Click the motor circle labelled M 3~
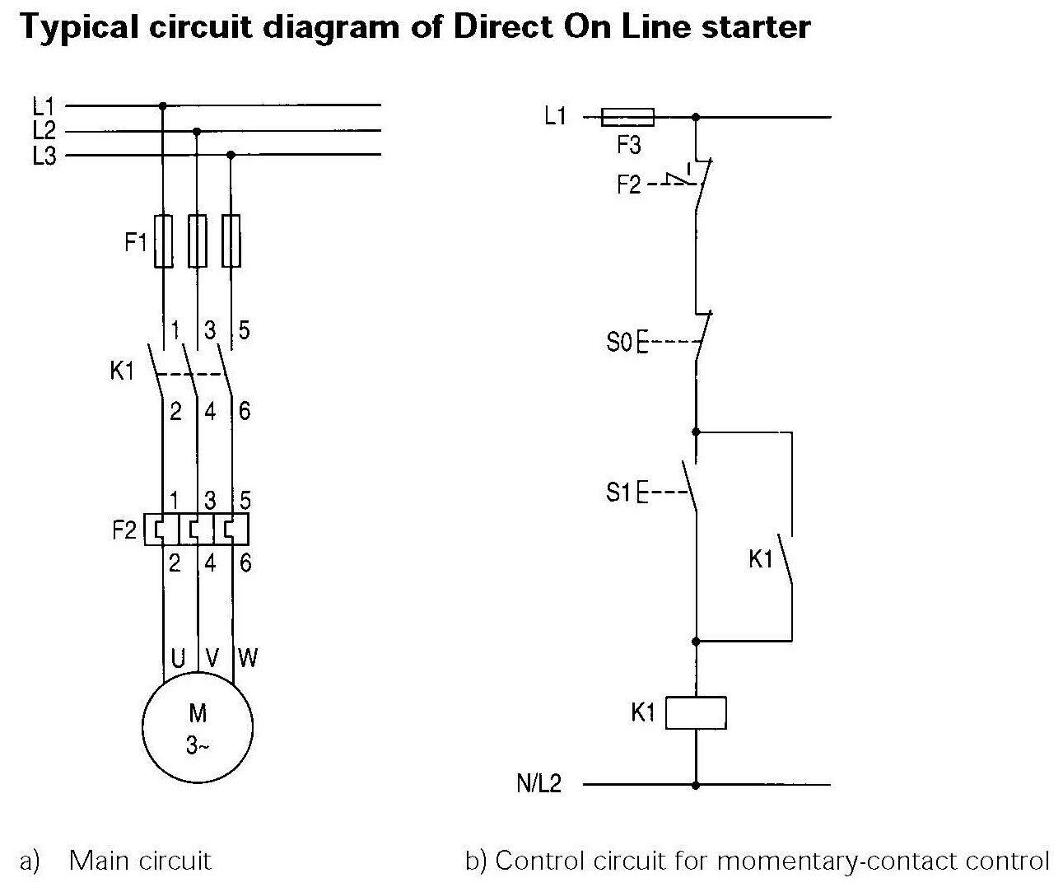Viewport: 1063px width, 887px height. pyautogui.click(x=198, y=727)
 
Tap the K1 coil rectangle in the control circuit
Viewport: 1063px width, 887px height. pyautogui.click(x=696, y=712)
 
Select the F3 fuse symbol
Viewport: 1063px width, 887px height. pyautogui.click(x=627, y=117)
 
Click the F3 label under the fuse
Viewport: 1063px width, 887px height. pyautogui.click(x=628, y=147)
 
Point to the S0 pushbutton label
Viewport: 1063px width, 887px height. pyautogui.click(x=618, y=342)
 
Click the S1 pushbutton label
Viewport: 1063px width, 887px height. pyautogui.click(x=618, y=493)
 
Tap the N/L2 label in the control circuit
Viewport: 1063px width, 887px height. pyautogui.click(x=538, y=783)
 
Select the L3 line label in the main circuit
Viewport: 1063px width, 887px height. pyautogui.click(x=44, y=156)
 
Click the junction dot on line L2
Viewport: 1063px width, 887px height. pyautogui.click(x=196, y=130)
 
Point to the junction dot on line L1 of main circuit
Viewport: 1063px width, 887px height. pyautogui.click(x=162, y=105)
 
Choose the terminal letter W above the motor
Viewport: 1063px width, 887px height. pyautogui.click(x=248, y=657)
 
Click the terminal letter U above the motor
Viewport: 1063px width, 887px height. pyautogui.click(x=177, y=657)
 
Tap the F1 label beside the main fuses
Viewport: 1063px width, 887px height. pyautogui.click(x=136, y=243)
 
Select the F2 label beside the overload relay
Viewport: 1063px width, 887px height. pyautogui.click(x=124, y=530)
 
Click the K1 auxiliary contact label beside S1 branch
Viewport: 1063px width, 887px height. pyautogui.click(x=761, y=559)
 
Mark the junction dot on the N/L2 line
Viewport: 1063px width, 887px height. pyautogui.click(x=696, y=785)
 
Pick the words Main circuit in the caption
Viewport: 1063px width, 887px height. pyautogui.click(x=140, y=861)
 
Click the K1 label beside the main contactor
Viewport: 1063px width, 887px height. pyautogui.click(x=122, y=371)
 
